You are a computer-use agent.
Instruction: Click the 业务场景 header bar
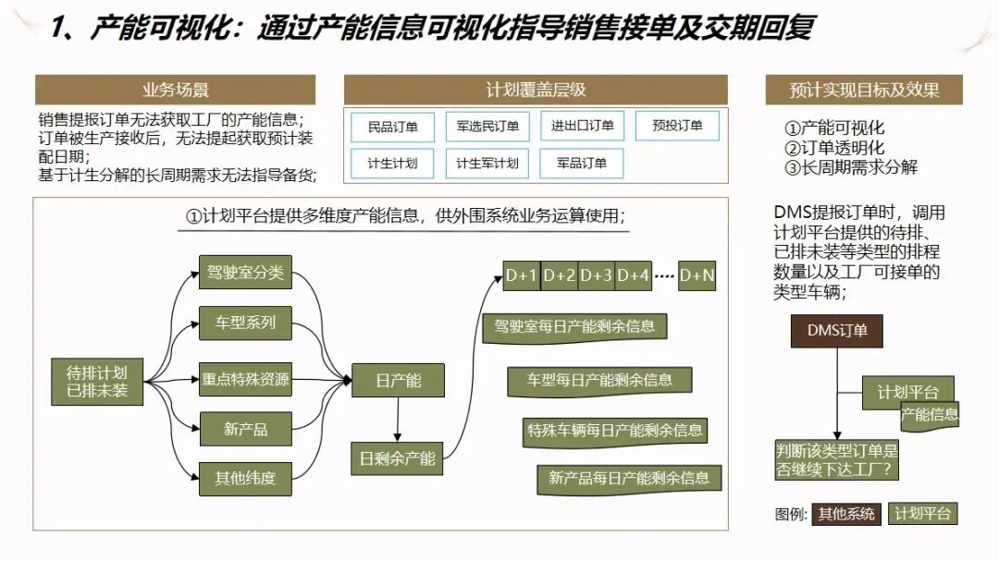(175, 90)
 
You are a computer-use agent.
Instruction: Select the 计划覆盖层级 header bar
(536, 90)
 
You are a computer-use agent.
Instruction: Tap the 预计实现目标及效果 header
(864, 90)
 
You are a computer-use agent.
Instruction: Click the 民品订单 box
(393, 126)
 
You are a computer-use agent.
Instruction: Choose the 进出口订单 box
(582, 126)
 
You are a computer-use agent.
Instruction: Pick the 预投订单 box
(677, 126)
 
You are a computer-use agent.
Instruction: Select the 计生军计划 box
(487, 164)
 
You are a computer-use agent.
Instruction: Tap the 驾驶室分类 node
(245, 273)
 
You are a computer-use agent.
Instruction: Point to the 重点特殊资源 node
(245, 379)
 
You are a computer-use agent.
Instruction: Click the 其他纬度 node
(245, 478)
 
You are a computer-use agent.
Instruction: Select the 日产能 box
(398, 381)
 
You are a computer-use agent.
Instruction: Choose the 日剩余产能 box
(398, 457)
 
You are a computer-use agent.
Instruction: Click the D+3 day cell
(596, 275)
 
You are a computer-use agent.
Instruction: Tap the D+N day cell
(697, 275)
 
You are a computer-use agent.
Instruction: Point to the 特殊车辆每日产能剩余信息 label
(615, 430)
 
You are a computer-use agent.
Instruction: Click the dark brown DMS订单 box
(837, 330)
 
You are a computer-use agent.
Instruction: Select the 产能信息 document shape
(930, 415)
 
